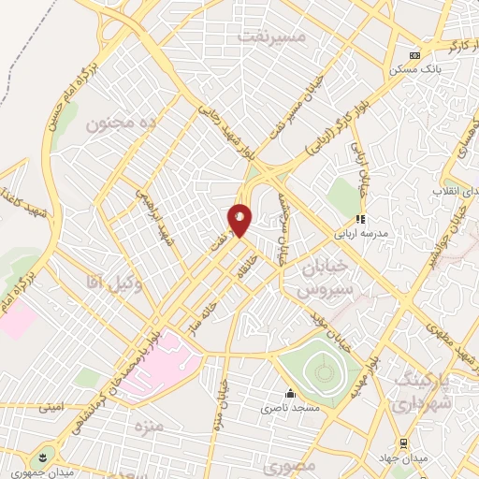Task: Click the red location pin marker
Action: click(x=240, y=220)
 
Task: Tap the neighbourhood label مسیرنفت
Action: click(x=271, y=36)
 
